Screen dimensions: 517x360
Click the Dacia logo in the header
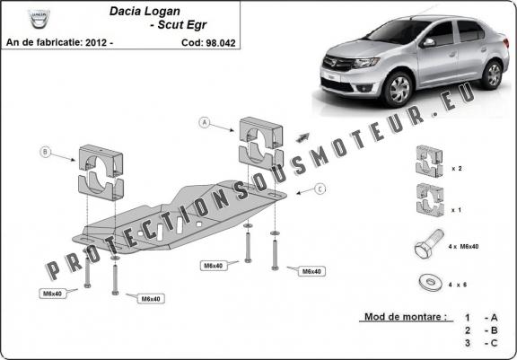coord(39,19)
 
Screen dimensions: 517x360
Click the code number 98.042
coord(221,43)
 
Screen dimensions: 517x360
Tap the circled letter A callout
coord(205,123)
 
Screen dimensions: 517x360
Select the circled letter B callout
coord(45,152)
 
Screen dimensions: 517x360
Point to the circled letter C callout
coord(320,189)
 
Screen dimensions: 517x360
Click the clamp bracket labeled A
coord(261,144)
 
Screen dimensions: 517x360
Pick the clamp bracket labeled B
coord(101,172)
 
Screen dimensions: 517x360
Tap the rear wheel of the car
coord(493,75)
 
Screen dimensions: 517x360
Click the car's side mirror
coord(429,42)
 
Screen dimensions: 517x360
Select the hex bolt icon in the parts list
coord(429,243)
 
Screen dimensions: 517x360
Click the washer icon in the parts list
coord(430,282)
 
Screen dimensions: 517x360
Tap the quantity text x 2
coord(457,169)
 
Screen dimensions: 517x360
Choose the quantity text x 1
coord(457,210)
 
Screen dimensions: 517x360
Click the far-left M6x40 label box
coord(53,293)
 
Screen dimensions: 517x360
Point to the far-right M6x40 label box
coord(311,271)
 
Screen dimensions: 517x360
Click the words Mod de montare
coord(406,317)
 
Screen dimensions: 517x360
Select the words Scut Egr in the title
coord(182,25)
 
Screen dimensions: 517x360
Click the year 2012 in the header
coord(96,43)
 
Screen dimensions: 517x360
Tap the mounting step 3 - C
coord(481,343)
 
